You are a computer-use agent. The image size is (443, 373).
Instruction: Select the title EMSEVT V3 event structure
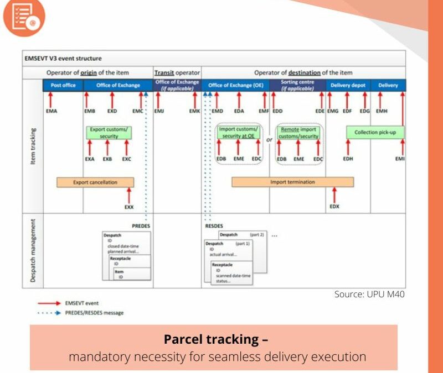[x=63, y=58]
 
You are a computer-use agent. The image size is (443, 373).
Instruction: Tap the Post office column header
[x=63, y=85]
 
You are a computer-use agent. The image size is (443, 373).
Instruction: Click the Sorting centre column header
[x=298, y=85]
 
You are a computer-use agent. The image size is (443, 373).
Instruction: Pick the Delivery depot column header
[x=348, y=85]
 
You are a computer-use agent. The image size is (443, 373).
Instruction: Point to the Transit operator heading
[x=177, y=72]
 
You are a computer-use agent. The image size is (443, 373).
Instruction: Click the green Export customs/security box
[x=109, y=133]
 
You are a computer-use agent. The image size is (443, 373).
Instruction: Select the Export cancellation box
[x=95, y=182]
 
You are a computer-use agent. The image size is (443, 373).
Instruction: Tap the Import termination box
[x=292, y=182]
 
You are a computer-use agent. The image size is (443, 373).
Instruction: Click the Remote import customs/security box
[x=298, y=133]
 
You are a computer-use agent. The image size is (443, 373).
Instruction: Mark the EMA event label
[x=51, y=111]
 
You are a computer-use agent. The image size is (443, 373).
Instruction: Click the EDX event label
[x=334, y=206]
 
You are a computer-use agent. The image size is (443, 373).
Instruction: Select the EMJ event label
[x=159, y=111]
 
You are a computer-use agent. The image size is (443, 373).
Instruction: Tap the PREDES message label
[x=141, y=225]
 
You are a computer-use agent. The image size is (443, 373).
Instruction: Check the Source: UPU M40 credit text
[x=369, y=295]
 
